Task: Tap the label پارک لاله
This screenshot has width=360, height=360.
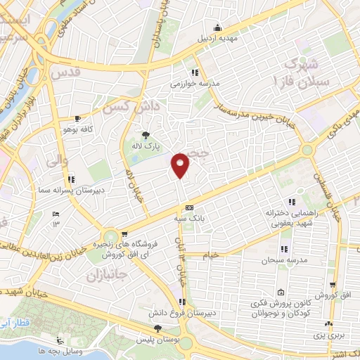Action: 148,147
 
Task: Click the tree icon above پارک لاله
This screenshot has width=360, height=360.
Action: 146,134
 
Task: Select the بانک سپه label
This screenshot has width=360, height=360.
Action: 190,219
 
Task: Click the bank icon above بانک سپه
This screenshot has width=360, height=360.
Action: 190,207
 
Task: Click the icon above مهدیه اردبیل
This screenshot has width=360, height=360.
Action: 218,27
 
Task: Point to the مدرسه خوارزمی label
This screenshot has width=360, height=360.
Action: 195,83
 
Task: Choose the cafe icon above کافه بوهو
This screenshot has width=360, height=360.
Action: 77,118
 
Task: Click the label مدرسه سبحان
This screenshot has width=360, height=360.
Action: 281,260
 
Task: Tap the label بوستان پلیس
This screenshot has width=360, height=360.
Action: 158,340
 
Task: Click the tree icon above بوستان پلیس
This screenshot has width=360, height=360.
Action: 157,328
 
